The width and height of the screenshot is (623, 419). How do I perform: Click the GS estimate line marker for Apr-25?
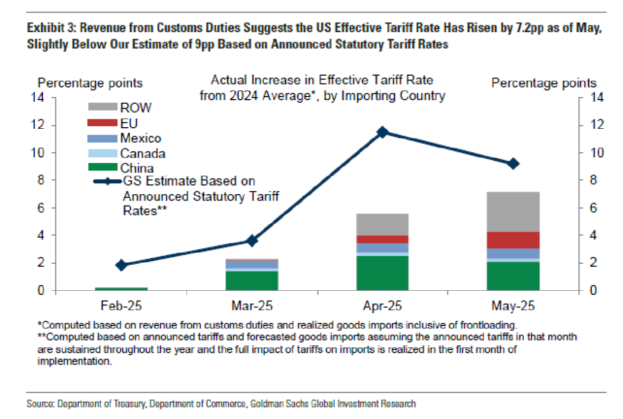coord(383,132)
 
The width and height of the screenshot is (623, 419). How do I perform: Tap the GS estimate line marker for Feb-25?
coord(121,265)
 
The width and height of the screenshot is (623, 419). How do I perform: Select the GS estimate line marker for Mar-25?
coord(252,241)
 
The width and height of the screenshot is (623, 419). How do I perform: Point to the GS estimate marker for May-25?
coord(513,164)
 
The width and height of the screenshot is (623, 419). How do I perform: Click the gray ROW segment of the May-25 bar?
coord(513,212)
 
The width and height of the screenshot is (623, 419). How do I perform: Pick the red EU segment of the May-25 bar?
coord(513,240)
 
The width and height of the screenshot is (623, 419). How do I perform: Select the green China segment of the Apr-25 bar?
coord(383,273)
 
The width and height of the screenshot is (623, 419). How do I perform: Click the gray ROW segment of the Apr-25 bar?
coord(383,224)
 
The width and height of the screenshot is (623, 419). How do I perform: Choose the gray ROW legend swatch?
coord(103,107)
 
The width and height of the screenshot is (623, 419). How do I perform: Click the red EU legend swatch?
coord(103,123)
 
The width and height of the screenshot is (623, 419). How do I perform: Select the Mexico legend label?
coord(140,139)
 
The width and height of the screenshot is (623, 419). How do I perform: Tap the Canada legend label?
coord(143,154)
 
